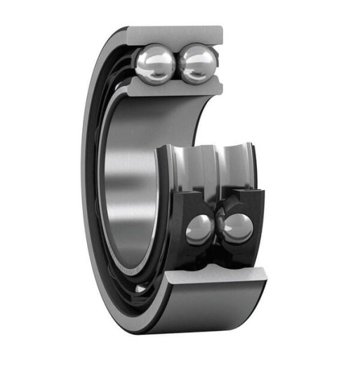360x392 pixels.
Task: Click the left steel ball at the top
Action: click(155, 64)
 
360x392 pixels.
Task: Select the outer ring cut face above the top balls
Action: click(175, 33)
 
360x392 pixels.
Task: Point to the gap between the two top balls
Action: click(176, 65)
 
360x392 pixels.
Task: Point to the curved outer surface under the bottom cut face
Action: click(211, 309)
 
